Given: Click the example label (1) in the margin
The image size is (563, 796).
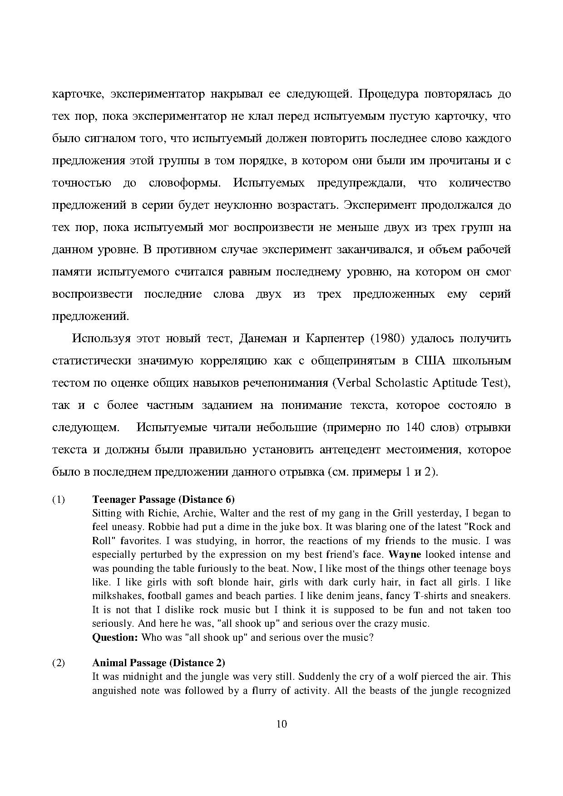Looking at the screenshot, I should pyautogui.click(x=59, y=500).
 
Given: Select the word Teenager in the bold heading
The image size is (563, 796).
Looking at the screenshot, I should pyautogui.click(x=114, y=500).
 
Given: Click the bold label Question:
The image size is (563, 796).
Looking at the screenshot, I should pyautogui.click(x=115, y=637).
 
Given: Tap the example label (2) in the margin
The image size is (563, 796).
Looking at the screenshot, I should pyautogui.click(x=59, y=663).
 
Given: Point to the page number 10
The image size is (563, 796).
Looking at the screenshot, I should pyautogui.click(x=281, y=724).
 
